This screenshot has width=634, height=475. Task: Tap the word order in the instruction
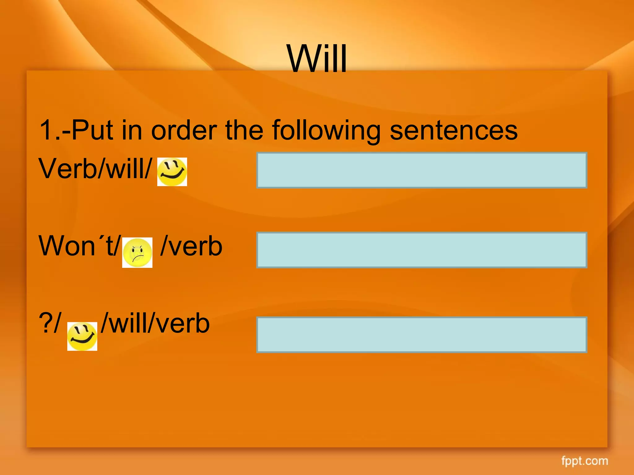(184, 131)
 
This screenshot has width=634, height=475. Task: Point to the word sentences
(454, 131)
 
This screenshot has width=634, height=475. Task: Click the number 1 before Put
(47, 131)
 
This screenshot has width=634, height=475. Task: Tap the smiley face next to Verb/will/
(172, 172)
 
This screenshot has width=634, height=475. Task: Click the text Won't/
(79, 246)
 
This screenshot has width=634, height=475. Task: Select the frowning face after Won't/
(137, 252)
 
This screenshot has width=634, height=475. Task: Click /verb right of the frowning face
(191, 246)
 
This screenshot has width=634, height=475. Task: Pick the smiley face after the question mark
(82, 336)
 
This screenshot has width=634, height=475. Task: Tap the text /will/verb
(155, 323)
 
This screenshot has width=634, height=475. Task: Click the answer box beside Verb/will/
(422, 170)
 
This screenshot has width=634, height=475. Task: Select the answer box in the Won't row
(422, 250)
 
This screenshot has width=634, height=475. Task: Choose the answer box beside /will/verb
(422, 335)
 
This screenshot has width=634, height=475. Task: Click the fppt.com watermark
(584, 461)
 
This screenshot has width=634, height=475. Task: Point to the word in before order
(132, 131)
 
